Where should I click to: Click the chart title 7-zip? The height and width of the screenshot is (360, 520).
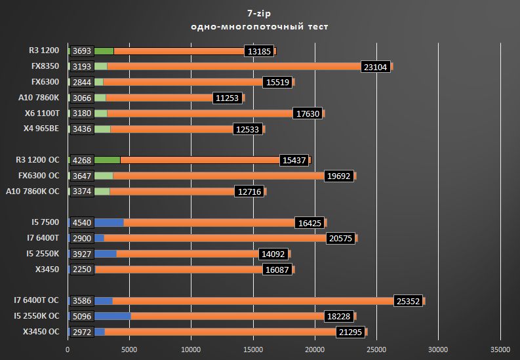click(x=260, y=12)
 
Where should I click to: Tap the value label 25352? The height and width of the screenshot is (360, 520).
click(x=409, y=301)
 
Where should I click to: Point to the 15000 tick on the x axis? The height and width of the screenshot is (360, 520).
click(x=252, y=350)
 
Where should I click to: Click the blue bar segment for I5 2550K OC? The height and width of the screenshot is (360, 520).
click(x=113, y=316)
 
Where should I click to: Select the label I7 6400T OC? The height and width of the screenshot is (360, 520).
click(x=37, y=300)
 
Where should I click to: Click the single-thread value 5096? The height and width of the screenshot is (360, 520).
click(x=82, y=316)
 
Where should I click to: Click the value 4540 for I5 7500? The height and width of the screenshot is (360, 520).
click(x=82, y=223)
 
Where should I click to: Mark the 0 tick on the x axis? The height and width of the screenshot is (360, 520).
click(x=68, y=350)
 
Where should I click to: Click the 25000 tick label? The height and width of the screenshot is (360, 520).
click(x=376, y=350)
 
